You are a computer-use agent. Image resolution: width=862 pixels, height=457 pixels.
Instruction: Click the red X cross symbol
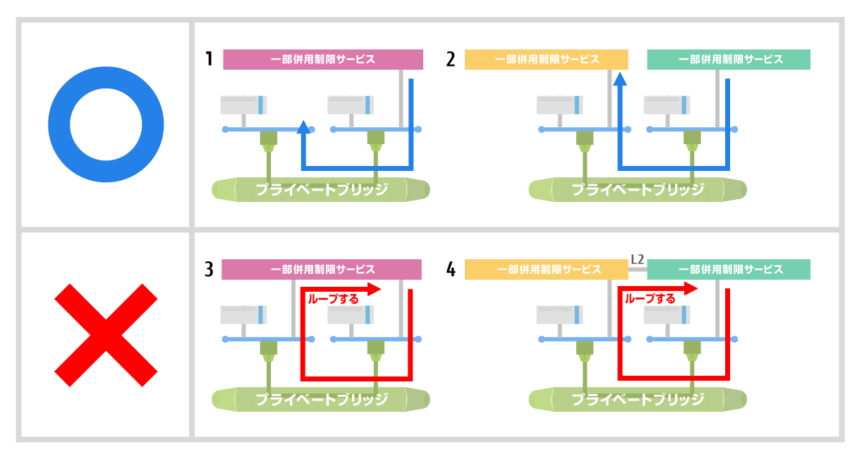106,335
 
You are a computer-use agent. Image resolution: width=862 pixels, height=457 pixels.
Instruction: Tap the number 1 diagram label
210,59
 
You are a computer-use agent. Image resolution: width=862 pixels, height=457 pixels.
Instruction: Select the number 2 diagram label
451,59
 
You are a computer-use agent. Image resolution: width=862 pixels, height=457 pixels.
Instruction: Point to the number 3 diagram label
210,269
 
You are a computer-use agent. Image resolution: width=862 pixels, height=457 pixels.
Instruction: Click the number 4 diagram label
451,269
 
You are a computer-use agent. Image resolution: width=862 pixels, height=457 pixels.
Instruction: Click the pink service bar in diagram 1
323,59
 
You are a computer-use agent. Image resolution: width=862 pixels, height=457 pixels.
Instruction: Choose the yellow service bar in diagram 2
546,59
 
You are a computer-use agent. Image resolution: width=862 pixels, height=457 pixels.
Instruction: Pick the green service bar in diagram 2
729,59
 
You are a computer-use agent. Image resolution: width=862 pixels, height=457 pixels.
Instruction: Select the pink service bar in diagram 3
322,270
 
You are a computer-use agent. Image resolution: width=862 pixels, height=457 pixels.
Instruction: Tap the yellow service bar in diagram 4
546,270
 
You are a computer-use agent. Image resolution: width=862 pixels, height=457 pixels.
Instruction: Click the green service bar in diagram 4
729,270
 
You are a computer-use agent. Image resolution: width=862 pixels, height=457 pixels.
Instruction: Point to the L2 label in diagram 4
637,259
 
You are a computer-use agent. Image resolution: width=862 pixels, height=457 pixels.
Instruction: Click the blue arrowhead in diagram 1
303,127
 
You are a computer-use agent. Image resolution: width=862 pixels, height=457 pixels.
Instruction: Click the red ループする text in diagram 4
650,299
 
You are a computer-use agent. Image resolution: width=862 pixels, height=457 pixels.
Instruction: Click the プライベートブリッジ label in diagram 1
322,189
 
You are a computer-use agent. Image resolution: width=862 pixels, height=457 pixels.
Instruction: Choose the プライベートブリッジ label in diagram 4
638,400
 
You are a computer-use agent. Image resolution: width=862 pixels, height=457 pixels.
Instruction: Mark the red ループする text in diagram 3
333,299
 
